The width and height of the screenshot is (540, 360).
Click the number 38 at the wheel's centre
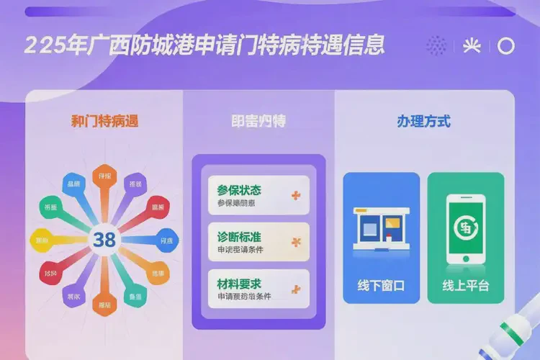(104, 240)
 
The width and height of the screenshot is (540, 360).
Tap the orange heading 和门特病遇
(104, 121)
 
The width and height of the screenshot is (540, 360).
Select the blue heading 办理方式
(423, 121)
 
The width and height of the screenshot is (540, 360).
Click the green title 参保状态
(239, 191)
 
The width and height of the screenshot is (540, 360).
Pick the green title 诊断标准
(239, 237)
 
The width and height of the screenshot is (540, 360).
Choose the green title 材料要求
(239, 283)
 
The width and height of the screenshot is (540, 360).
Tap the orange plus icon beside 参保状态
(295, 195)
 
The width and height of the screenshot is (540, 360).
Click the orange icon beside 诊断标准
(295, 242)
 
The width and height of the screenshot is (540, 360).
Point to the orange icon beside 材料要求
(295, 289)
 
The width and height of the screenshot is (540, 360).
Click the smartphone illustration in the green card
(465, 229)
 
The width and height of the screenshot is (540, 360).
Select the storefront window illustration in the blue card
(381, 228)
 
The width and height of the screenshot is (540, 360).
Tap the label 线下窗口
(381, 286)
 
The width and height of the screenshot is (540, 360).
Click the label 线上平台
(465, 286)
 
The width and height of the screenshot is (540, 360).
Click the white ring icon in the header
(506, 46)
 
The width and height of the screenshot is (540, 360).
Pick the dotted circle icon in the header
(436, 46)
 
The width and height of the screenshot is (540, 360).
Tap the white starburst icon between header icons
(472, 46)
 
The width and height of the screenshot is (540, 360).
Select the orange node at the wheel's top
(105, 177)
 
